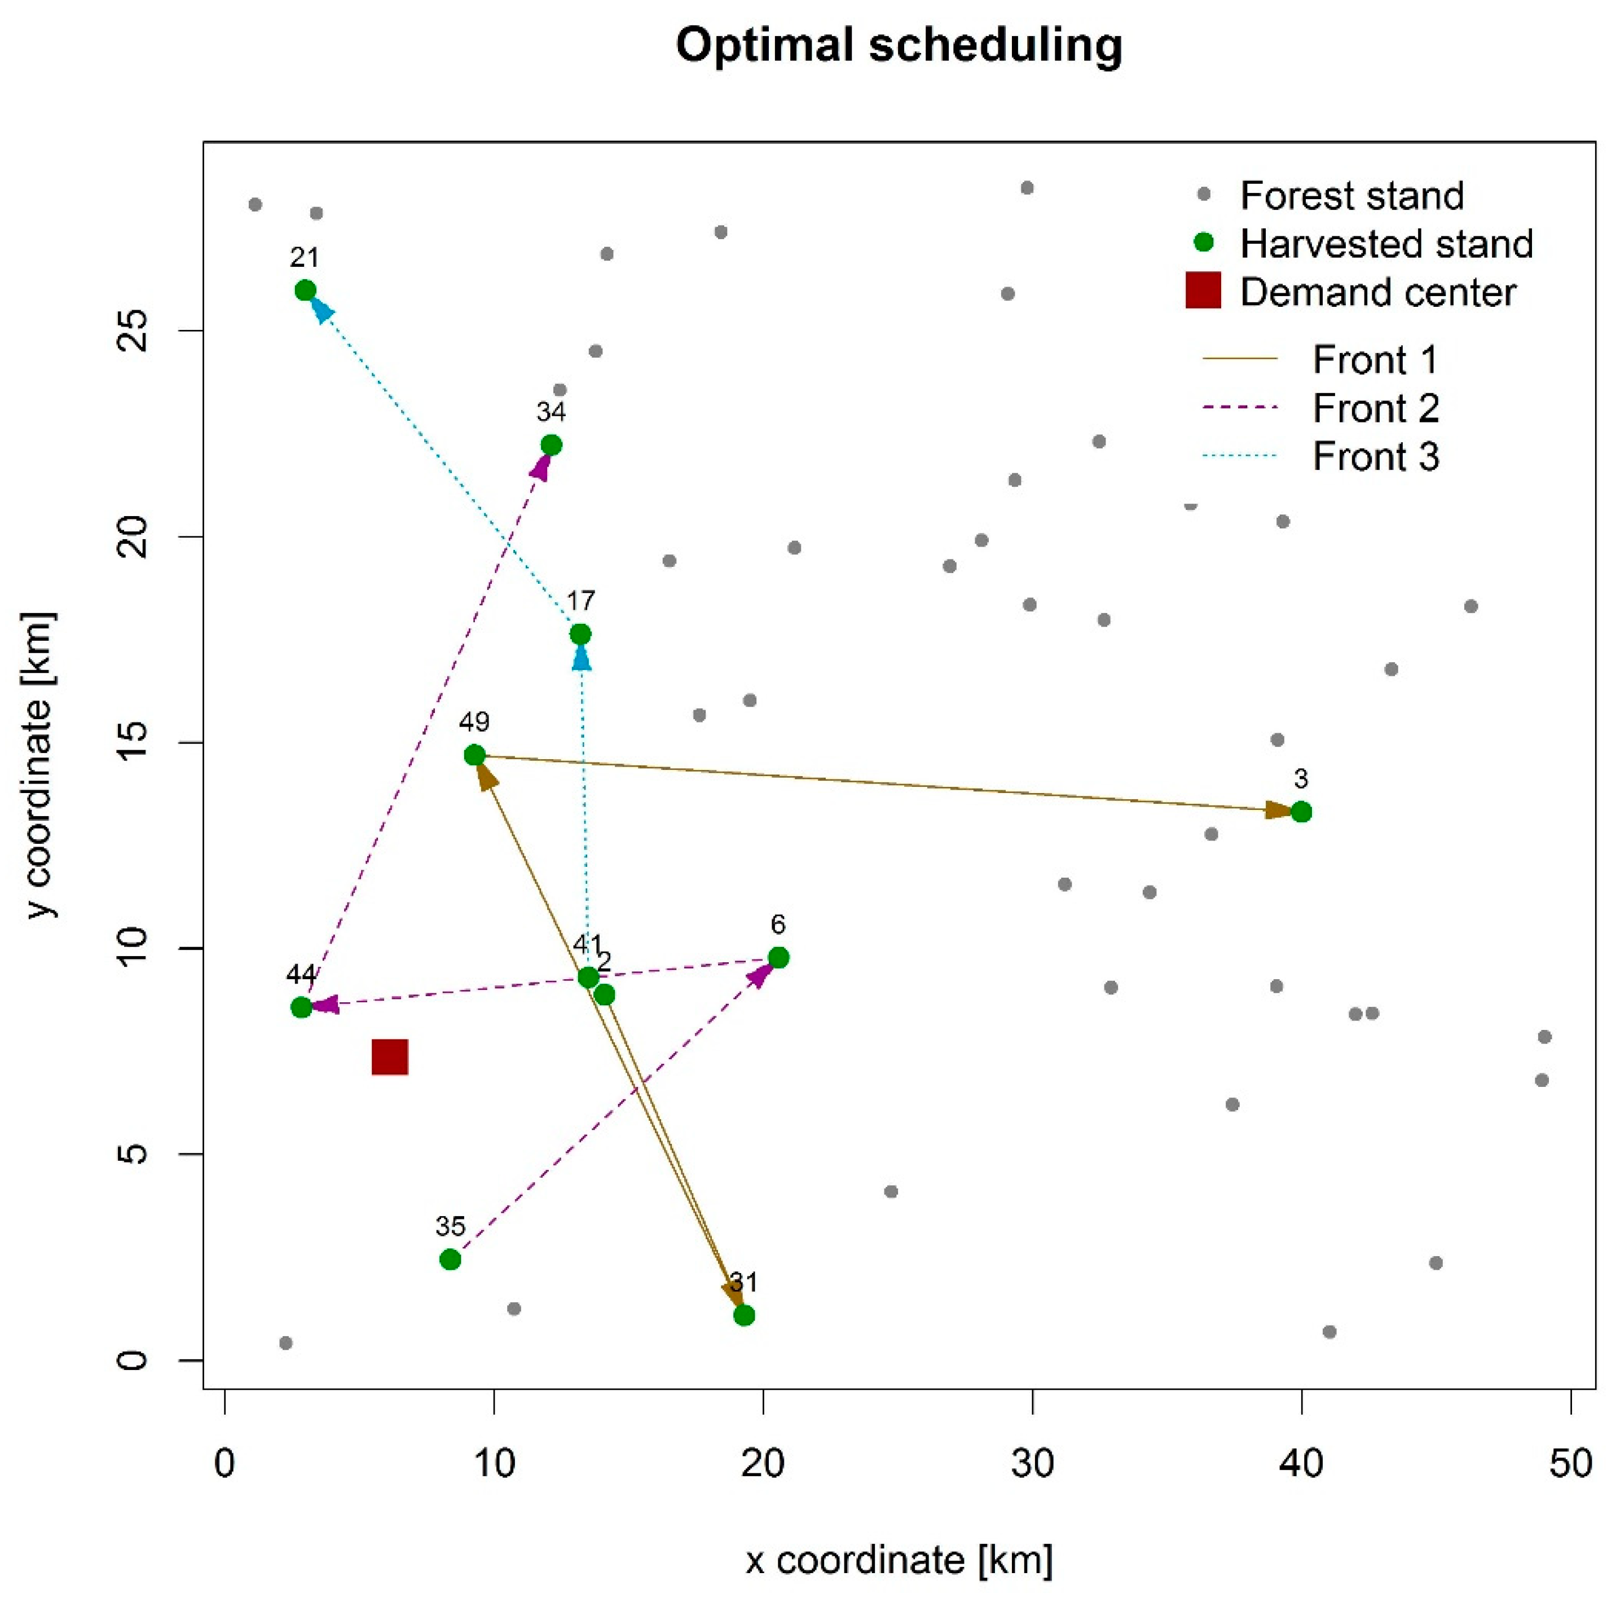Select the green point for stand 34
(551, 445)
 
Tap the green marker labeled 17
(580, 635)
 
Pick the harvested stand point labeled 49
(474, 755)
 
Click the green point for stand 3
(1301, 812)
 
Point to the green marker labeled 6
(778, 958)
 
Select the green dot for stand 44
(301, 1007)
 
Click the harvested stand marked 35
(450, 1259)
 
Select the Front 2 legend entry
(1375, 408)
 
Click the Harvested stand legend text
(1386, 244)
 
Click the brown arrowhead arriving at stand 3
(1278, 810)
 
